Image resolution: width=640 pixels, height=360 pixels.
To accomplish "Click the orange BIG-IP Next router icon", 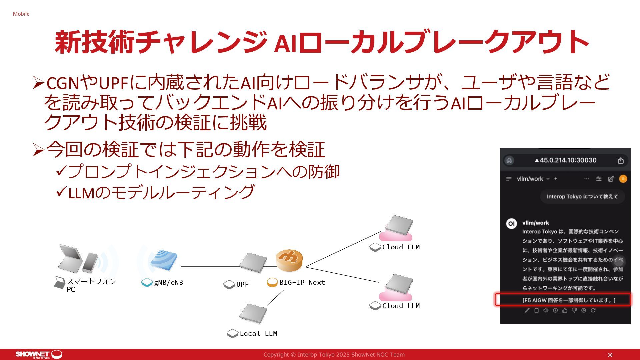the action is pos(289,260).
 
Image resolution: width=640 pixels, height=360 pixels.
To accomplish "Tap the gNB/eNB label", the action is pos(168,283).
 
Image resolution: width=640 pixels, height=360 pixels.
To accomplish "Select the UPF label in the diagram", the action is pos(242,284).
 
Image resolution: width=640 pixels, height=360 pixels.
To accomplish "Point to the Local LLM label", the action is pos(258,333).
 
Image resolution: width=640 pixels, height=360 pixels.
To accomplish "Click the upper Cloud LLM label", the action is pos(401,247).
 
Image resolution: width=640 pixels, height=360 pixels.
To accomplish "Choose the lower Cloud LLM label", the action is pos(401,306).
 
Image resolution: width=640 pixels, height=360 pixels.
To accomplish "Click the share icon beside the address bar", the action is pos(620,161).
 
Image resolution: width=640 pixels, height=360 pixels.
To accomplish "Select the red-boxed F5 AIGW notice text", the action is pos(569,300).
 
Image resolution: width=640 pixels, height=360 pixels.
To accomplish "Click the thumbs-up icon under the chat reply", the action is pos(565,310).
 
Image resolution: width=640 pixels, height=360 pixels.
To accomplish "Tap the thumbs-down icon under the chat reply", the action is pos(574,310).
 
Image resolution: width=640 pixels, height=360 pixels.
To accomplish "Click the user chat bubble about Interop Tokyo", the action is pos(582,197).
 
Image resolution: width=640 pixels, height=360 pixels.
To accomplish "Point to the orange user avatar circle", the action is pos(623,179).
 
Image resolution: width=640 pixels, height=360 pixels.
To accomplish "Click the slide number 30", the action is pos(610,355).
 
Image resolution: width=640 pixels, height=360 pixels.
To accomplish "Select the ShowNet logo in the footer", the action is pos(38,354).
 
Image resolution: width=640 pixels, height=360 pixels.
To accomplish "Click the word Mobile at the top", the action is pos(21,14).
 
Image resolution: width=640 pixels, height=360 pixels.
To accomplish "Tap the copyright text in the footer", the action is pos(334,355).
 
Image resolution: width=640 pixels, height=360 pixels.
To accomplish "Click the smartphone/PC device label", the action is pos(91,285).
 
